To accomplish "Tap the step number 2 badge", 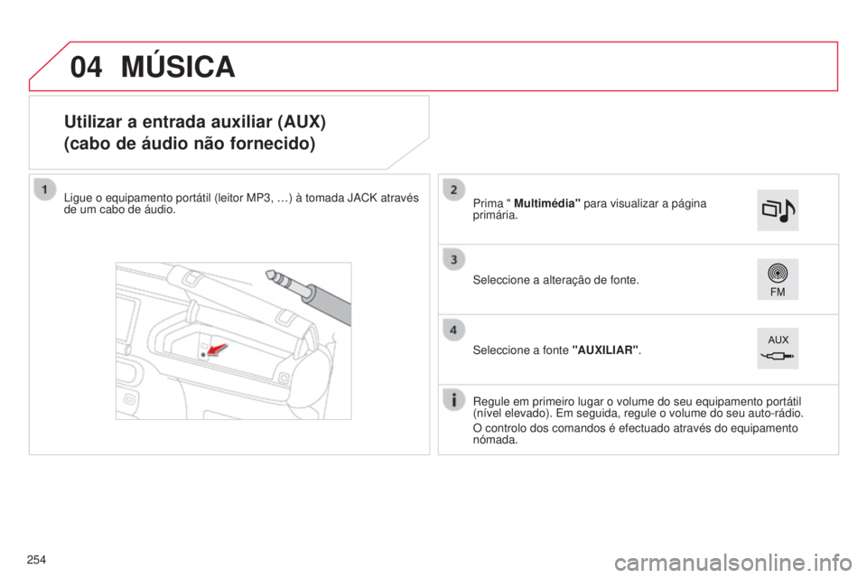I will click(453, 189).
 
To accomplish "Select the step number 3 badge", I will click(453, 260).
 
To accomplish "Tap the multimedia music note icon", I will click(777, 210).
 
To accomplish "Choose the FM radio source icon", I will click(777, 279).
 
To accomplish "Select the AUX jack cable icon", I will click(777, 348).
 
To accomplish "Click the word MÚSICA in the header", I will click(178, 66).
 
